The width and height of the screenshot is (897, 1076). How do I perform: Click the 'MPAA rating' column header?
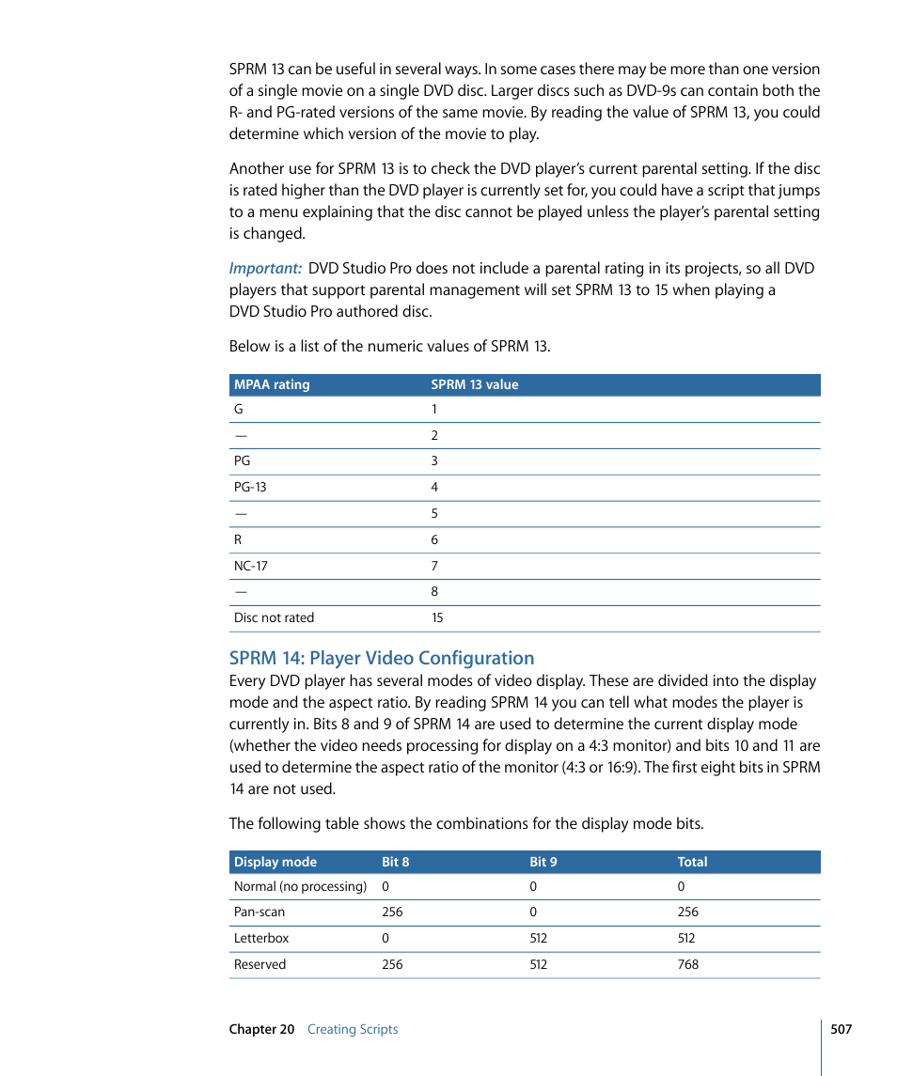pyautogui.click(x=272, y=384)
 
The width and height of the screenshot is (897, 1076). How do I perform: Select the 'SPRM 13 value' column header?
pyautogui.click(x=474, y=384)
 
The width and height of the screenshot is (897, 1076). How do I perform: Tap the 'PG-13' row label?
pyautogui.click(x=250, y=488)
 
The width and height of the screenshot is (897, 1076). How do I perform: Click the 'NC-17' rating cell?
pyautogui.click(x=250, y=566)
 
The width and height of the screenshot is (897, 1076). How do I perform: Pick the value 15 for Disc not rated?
pyautogui.click(x=437, y=618)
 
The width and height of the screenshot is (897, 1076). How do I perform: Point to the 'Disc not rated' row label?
pyautogui.click(x=274, y=618)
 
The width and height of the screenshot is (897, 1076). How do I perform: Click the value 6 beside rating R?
pyautogui.click(x=434, y=540)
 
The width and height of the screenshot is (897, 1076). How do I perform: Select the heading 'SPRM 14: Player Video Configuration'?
pyautogui.click(x=382, y=658)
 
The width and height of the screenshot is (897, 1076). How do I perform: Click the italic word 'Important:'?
pyautogui.click(x=265, y=269)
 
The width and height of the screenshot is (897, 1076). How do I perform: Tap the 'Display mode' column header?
pyautogui.click(x=275, y=862)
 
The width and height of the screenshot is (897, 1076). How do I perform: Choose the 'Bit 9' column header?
pyautogui.click(x=543, y=862)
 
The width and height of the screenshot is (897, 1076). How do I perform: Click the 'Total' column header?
pyautogui.click(x=692, y=862)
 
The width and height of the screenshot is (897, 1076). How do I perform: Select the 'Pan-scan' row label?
pyautogui.click(x=260, y=912)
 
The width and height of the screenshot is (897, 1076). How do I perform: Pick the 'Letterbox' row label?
pyautogui.click(x=261, y=938)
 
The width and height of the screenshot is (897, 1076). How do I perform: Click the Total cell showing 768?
pyautogui.click(x=688, y=964)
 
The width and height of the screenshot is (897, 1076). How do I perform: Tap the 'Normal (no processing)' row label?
pyautogui.click(x=300, y=886)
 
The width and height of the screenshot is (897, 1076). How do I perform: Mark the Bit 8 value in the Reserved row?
pyautogui.click(x=392, y=964)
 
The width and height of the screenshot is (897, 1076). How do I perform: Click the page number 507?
pyautogui.click(x=841, y=1029)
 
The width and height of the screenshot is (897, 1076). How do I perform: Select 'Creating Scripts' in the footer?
pyautogui.click(x=353, y=1029)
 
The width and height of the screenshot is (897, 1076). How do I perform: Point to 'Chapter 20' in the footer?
pyautogui.click(x=261, y=1029)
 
